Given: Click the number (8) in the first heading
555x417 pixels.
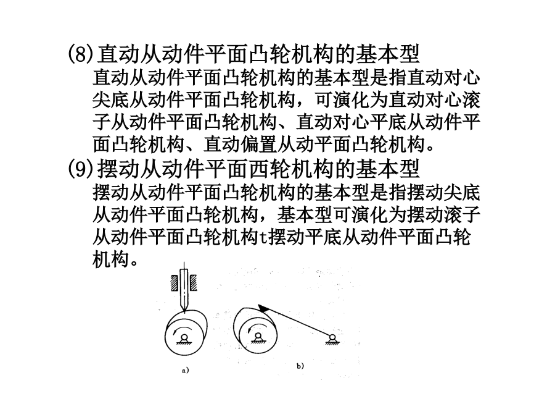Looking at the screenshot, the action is (81, 54).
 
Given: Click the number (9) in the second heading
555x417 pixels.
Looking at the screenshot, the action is (81, 169).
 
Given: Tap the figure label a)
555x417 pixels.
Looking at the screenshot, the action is (186, 371).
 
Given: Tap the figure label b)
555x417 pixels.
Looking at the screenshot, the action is (300, 366).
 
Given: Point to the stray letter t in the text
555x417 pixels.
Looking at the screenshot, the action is (263, 237).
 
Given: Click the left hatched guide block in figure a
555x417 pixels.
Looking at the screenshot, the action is (174, 283).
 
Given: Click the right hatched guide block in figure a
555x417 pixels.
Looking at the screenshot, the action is (193, 283).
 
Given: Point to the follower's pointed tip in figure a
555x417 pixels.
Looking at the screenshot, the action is (184, 312).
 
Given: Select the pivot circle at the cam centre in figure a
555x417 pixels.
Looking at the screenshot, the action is (183, 337).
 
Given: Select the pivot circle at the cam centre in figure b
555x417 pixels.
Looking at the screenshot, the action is (258, 336).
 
